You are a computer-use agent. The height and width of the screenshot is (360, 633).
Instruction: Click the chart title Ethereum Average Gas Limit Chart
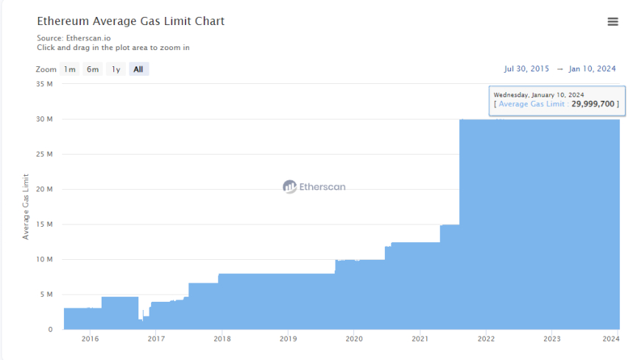(131, 21)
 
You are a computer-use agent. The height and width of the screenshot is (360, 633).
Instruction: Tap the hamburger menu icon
(612, 22)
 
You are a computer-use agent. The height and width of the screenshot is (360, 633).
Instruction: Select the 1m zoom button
(69, 69)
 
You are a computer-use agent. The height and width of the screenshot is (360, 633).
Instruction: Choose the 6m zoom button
(93, 69)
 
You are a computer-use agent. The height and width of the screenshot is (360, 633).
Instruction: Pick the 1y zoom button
(116, 69)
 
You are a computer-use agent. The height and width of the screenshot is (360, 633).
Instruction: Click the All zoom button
(138, 69)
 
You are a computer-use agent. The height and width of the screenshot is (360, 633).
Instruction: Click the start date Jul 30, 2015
(526, 68)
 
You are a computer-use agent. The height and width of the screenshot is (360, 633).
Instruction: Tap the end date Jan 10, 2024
(593, 68)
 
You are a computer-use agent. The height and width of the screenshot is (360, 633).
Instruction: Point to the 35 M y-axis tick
(44, 84)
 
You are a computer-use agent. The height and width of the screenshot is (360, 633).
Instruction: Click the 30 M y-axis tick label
(44, 119)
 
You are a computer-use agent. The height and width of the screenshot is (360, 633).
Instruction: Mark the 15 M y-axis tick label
(44, 225)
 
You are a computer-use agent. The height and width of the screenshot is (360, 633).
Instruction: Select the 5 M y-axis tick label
(46, 294)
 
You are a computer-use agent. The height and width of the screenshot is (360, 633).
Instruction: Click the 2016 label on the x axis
(90, 339)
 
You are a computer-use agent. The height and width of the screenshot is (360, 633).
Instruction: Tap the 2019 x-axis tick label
(288, 339)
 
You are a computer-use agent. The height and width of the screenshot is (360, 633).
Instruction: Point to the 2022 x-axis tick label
(486, 339)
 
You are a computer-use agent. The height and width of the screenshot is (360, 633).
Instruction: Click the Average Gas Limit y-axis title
(26, 207)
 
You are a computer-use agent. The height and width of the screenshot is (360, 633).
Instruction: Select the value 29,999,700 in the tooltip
(593, 104)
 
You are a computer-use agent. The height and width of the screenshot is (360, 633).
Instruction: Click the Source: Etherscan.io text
(74, 38)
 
